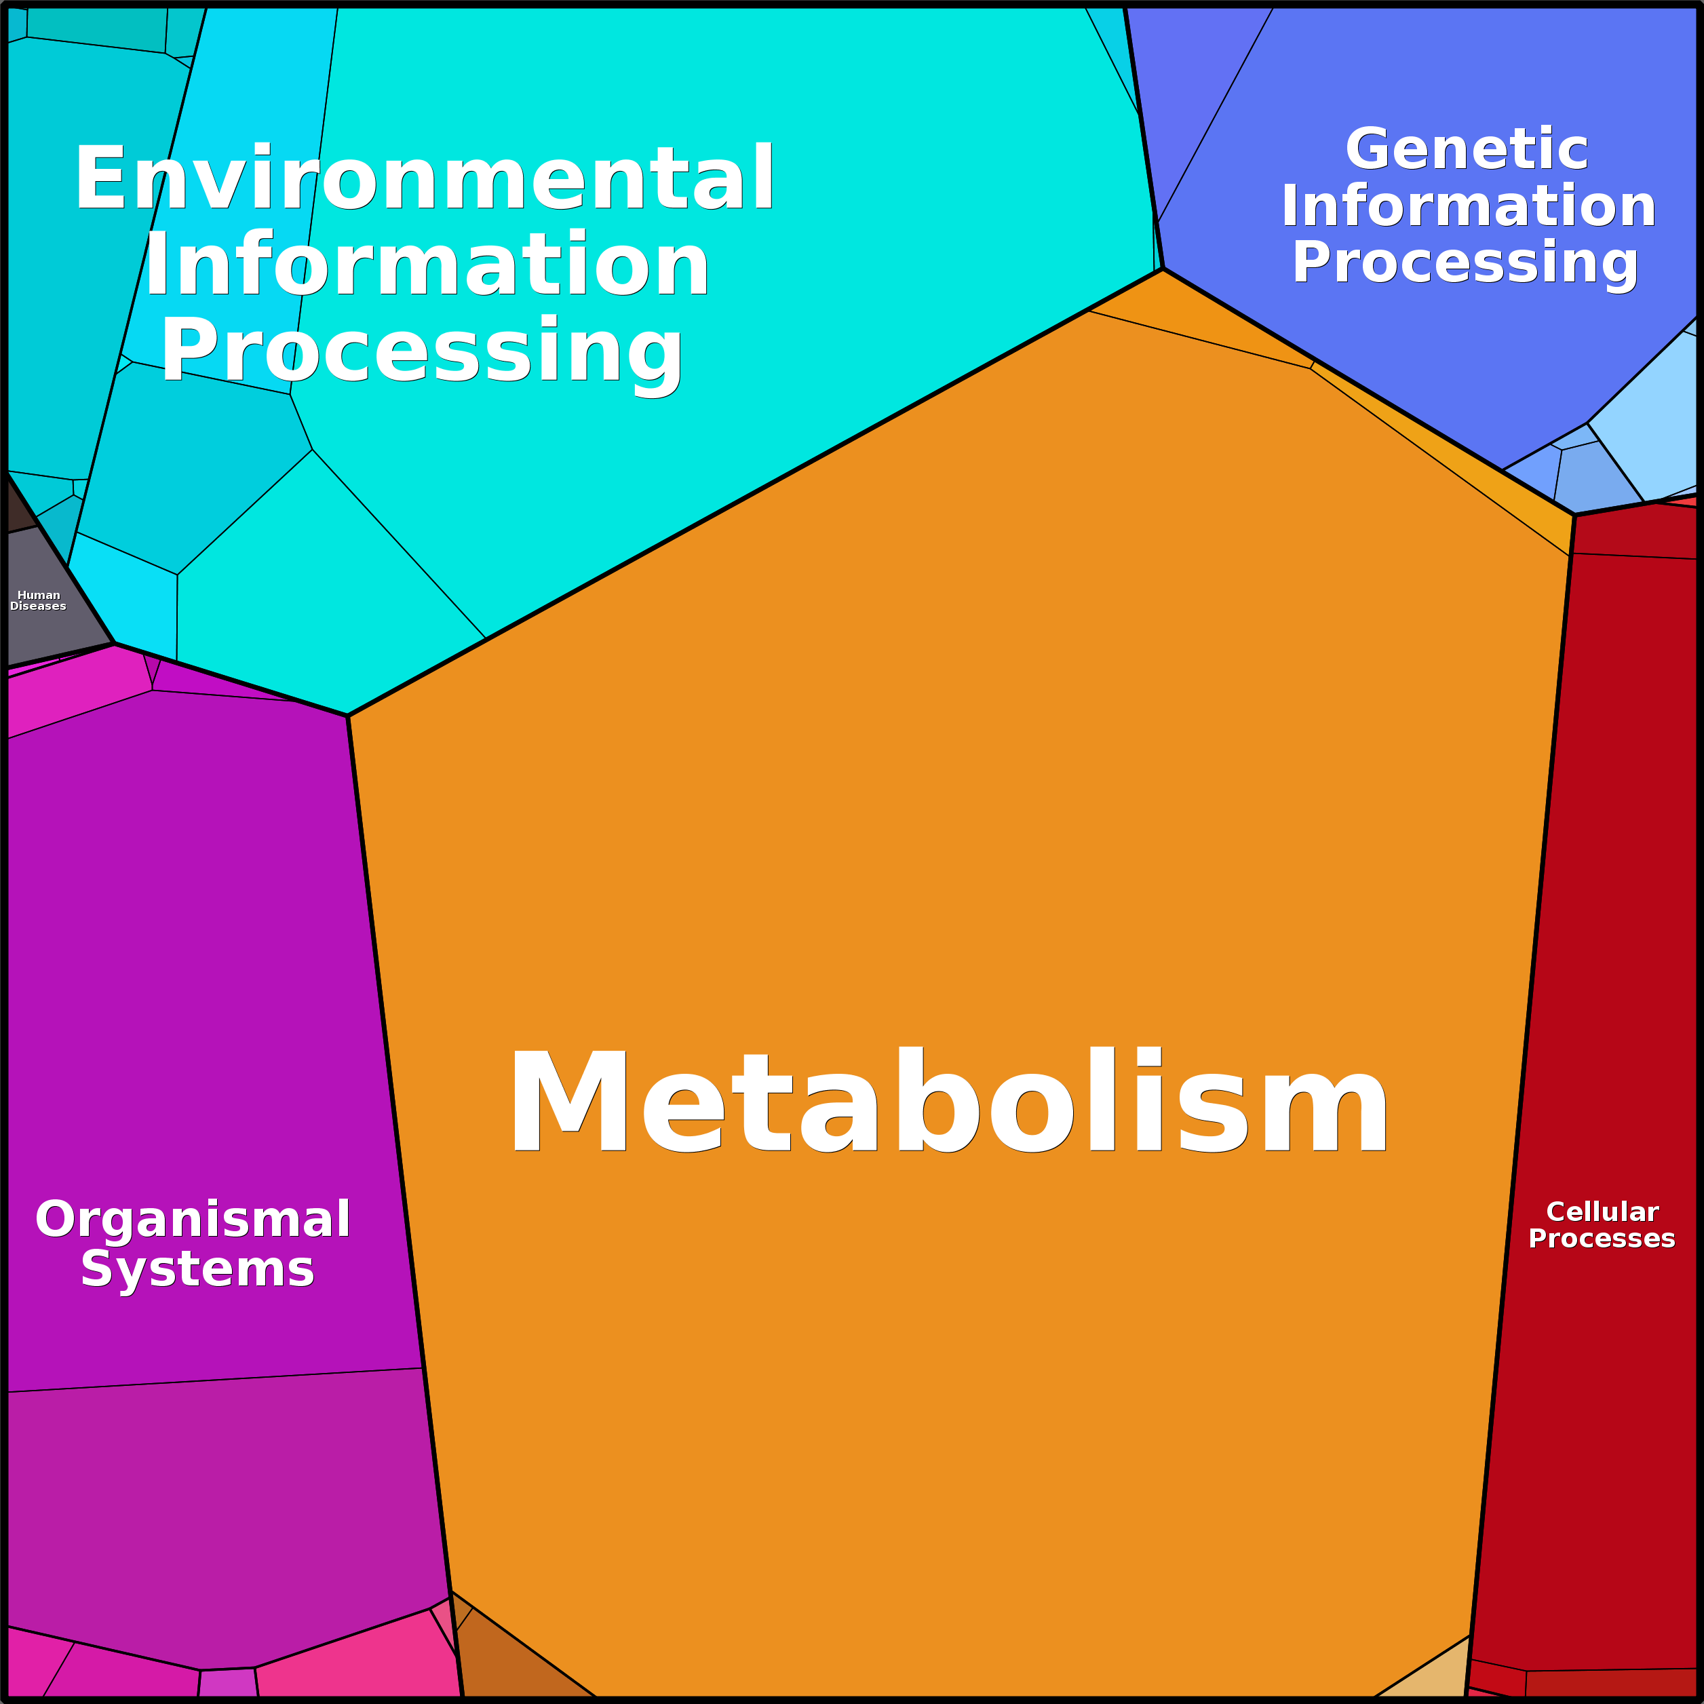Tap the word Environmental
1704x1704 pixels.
pyautogui.click(x=424, y=178)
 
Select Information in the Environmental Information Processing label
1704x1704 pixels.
pyautogui.click(x=427, y=264)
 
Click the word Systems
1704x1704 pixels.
pyautogui.click(x=197, y=1269)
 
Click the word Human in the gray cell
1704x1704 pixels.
pyautogui.click(x=39, y=596)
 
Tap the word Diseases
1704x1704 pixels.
pyautogui.click(x=38, y=606)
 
